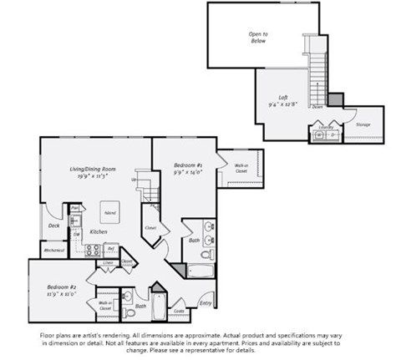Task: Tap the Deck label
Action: [53, 225]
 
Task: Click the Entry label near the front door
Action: [206, 303]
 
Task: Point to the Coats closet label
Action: [178, 312]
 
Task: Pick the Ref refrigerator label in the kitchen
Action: [111, 248]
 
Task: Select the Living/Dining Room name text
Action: [92, 170]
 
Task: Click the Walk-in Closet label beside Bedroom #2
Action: [106, 307]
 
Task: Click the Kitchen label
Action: [98, 231]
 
